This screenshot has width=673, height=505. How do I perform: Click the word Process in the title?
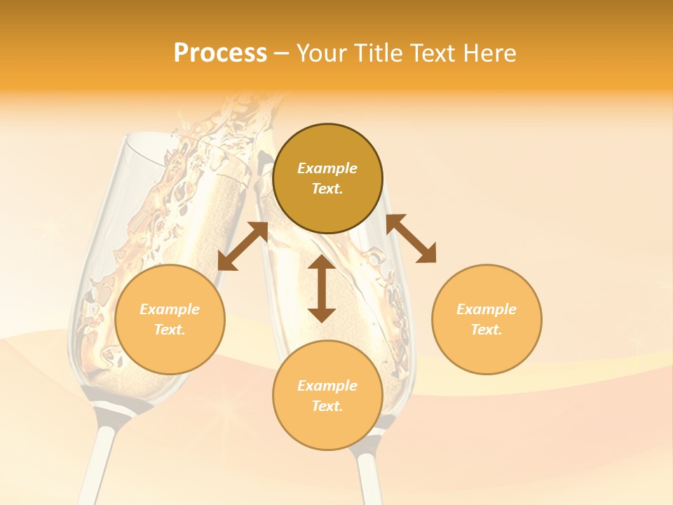[x=220, y=53]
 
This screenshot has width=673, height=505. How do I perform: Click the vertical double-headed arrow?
[x=322, y=289]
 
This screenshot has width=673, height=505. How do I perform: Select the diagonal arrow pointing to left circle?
[x=243, y=246]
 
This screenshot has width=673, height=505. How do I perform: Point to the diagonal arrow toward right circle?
[x=412, y=238]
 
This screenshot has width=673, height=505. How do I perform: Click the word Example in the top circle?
[x=327, y=168]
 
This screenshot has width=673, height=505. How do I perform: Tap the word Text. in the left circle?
[x=170, y=330]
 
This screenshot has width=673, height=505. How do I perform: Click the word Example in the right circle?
[x=487, y=309]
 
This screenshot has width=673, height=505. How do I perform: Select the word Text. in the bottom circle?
[x=327, y=406]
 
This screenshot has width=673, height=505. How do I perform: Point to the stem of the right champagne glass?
[x=367, y=477]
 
